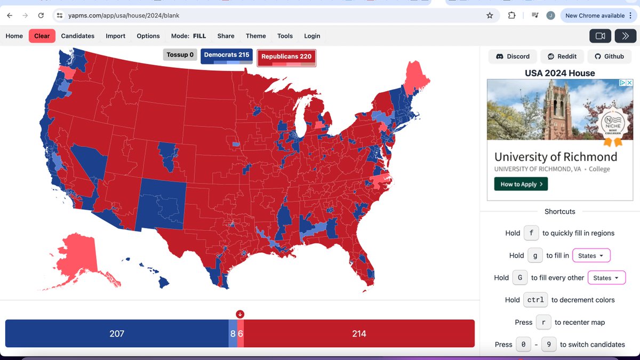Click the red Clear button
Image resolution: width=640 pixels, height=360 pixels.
point(42,36)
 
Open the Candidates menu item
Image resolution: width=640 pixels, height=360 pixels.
point(78,36)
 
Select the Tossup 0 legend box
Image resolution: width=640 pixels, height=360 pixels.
point(180,55)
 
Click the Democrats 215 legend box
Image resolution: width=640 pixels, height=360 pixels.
point(227,55)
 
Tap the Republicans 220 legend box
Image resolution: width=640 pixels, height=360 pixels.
point(286,58)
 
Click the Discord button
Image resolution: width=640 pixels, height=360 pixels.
point(513,56)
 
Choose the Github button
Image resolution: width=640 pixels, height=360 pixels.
point(609,56)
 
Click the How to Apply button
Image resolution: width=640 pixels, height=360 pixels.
point(521,184)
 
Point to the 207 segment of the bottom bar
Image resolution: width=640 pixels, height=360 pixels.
point(116,333)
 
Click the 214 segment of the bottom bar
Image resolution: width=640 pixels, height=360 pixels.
point(359,333)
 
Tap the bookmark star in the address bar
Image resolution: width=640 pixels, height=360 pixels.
point(490,15)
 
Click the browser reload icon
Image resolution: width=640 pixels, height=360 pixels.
point(41,15)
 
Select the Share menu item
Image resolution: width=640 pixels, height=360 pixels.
point(226,36)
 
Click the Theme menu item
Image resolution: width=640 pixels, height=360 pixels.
point(255,36)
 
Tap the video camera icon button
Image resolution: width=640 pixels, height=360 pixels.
point(600,36)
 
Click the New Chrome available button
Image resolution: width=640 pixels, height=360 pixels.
point(595,15)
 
